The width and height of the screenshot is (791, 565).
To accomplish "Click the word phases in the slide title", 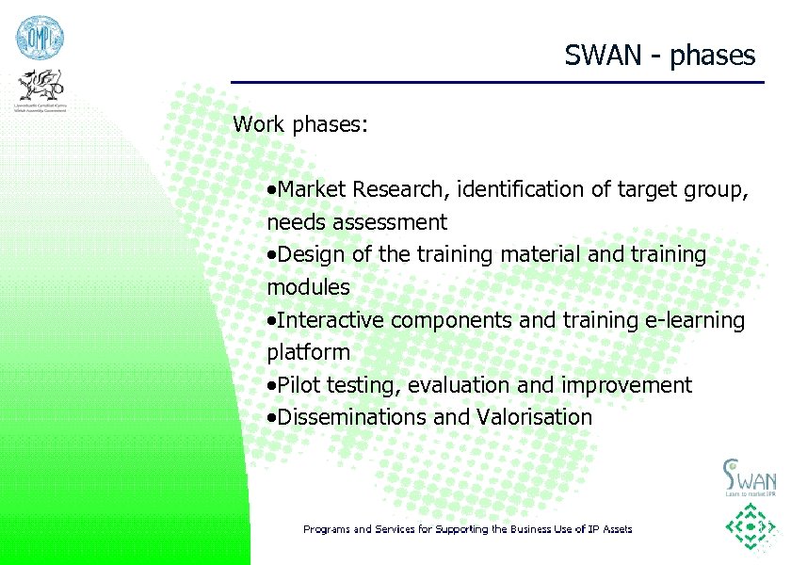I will [713, 56].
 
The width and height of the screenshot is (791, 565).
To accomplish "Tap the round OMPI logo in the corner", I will [39, 38].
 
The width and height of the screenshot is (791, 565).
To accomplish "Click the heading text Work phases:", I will [300, 124].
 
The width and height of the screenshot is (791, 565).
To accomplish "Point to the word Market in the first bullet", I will [314, 190].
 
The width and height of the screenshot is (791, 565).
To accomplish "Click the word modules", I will [308, 287].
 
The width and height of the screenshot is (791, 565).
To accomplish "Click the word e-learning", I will [694, 320].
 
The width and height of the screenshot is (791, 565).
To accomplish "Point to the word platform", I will [308, 353].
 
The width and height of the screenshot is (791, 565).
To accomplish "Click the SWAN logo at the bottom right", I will [749, 476].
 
